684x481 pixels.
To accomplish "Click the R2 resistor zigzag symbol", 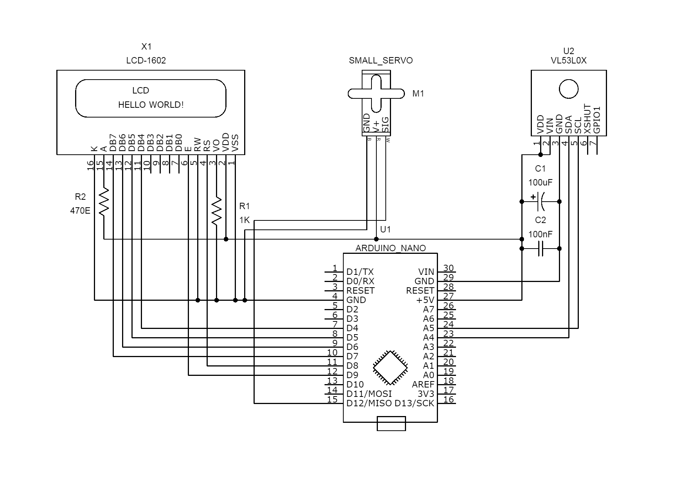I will (104, 202).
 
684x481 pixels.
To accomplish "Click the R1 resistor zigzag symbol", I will (216, 211).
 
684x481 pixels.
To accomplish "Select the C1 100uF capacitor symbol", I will (541, 202).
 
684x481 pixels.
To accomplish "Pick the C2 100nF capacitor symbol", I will (541, 249).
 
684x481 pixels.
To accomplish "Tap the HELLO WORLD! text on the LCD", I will (151, 105).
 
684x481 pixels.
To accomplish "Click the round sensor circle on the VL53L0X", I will (569, 89).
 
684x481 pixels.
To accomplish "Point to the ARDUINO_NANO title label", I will (391, 248).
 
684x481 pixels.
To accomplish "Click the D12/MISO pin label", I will (369, 403).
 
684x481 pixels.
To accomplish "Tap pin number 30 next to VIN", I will (448, 268).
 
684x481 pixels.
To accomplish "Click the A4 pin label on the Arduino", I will (428, 338).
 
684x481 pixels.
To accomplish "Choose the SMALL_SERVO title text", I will (381, 60).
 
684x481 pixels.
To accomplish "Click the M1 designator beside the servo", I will (418, 94).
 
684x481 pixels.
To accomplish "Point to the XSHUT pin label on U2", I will (587, 119).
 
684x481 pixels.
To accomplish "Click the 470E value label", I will (80, 211).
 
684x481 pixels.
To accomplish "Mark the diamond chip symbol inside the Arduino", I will (390, 368).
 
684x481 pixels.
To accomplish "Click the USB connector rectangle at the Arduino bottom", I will (391, 423).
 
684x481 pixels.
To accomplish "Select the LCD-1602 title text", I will (146, 60).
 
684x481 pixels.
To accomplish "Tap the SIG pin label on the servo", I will (385, 125).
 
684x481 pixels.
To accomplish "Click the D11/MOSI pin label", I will (369, 394).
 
